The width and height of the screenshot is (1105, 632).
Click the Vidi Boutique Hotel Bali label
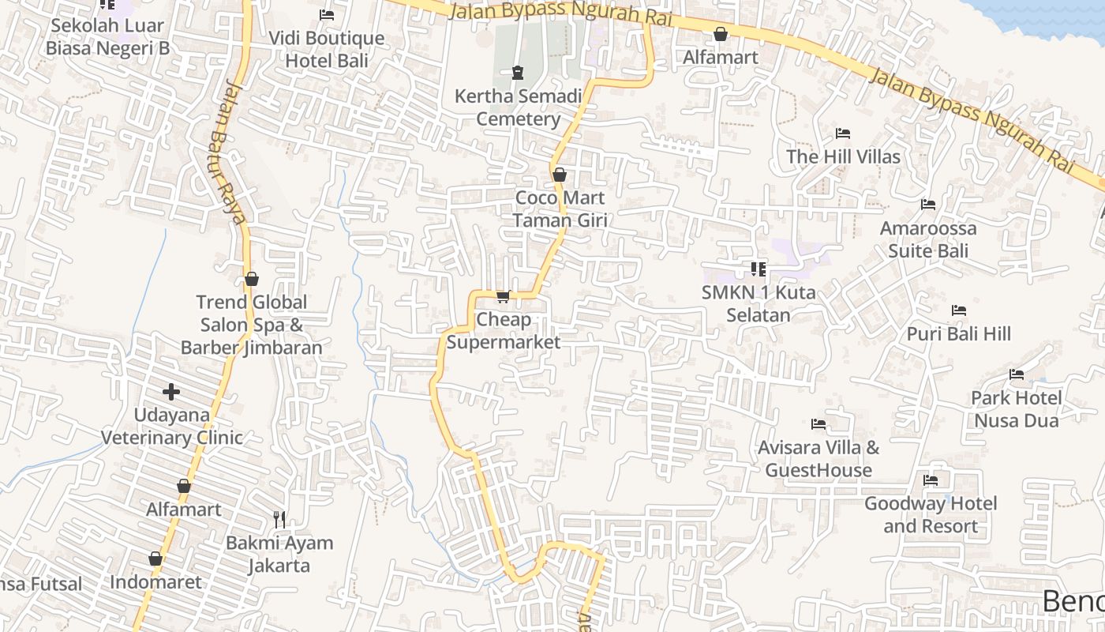[326, 49]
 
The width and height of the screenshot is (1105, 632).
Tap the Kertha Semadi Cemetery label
[518, 107]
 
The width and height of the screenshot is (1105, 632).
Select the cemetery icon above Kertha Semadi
[518, 73]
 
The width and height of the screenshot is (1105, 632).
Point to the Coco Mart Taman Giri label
[560, 209]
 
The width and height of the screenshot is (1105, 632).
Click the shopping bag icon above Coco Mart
[560, 175]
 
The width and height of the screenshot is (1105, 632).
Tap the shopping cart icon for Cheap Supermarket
[503, 296]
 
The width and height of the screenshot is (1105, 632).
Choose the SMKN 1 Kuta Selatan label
[758, 303]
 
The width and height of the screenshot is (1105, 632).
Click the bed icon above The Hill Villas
[843, 133]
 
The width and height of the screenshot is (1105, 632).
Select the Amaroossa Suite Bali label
[928, 239]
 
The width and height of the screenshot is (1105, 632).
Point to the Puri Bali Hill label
[958, 333]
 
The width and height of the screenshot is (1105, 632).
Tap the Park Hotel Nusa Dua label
[1016, 408]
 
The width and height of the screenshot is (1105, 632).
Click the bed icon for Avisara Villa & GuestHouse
[818, 424]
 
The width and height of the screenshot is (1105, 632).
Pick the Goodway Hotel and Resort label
[931, 514]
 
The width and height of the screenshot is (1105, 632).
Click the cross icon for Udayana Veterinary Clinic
[171, 391]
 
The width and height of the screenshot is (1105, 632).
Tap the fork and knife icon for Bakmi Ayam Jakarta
[279, 519]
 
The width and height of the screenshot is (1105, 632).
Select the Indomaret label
[155, 582]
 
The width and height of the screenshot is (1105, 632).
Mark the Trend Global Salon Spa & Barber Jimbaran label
[251, 325]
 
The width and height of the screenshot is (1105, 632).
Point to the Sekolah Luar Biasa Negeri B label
[107, 36]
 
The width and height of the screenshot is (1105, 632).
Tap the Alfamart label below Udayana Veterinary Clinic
[184, 510]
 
